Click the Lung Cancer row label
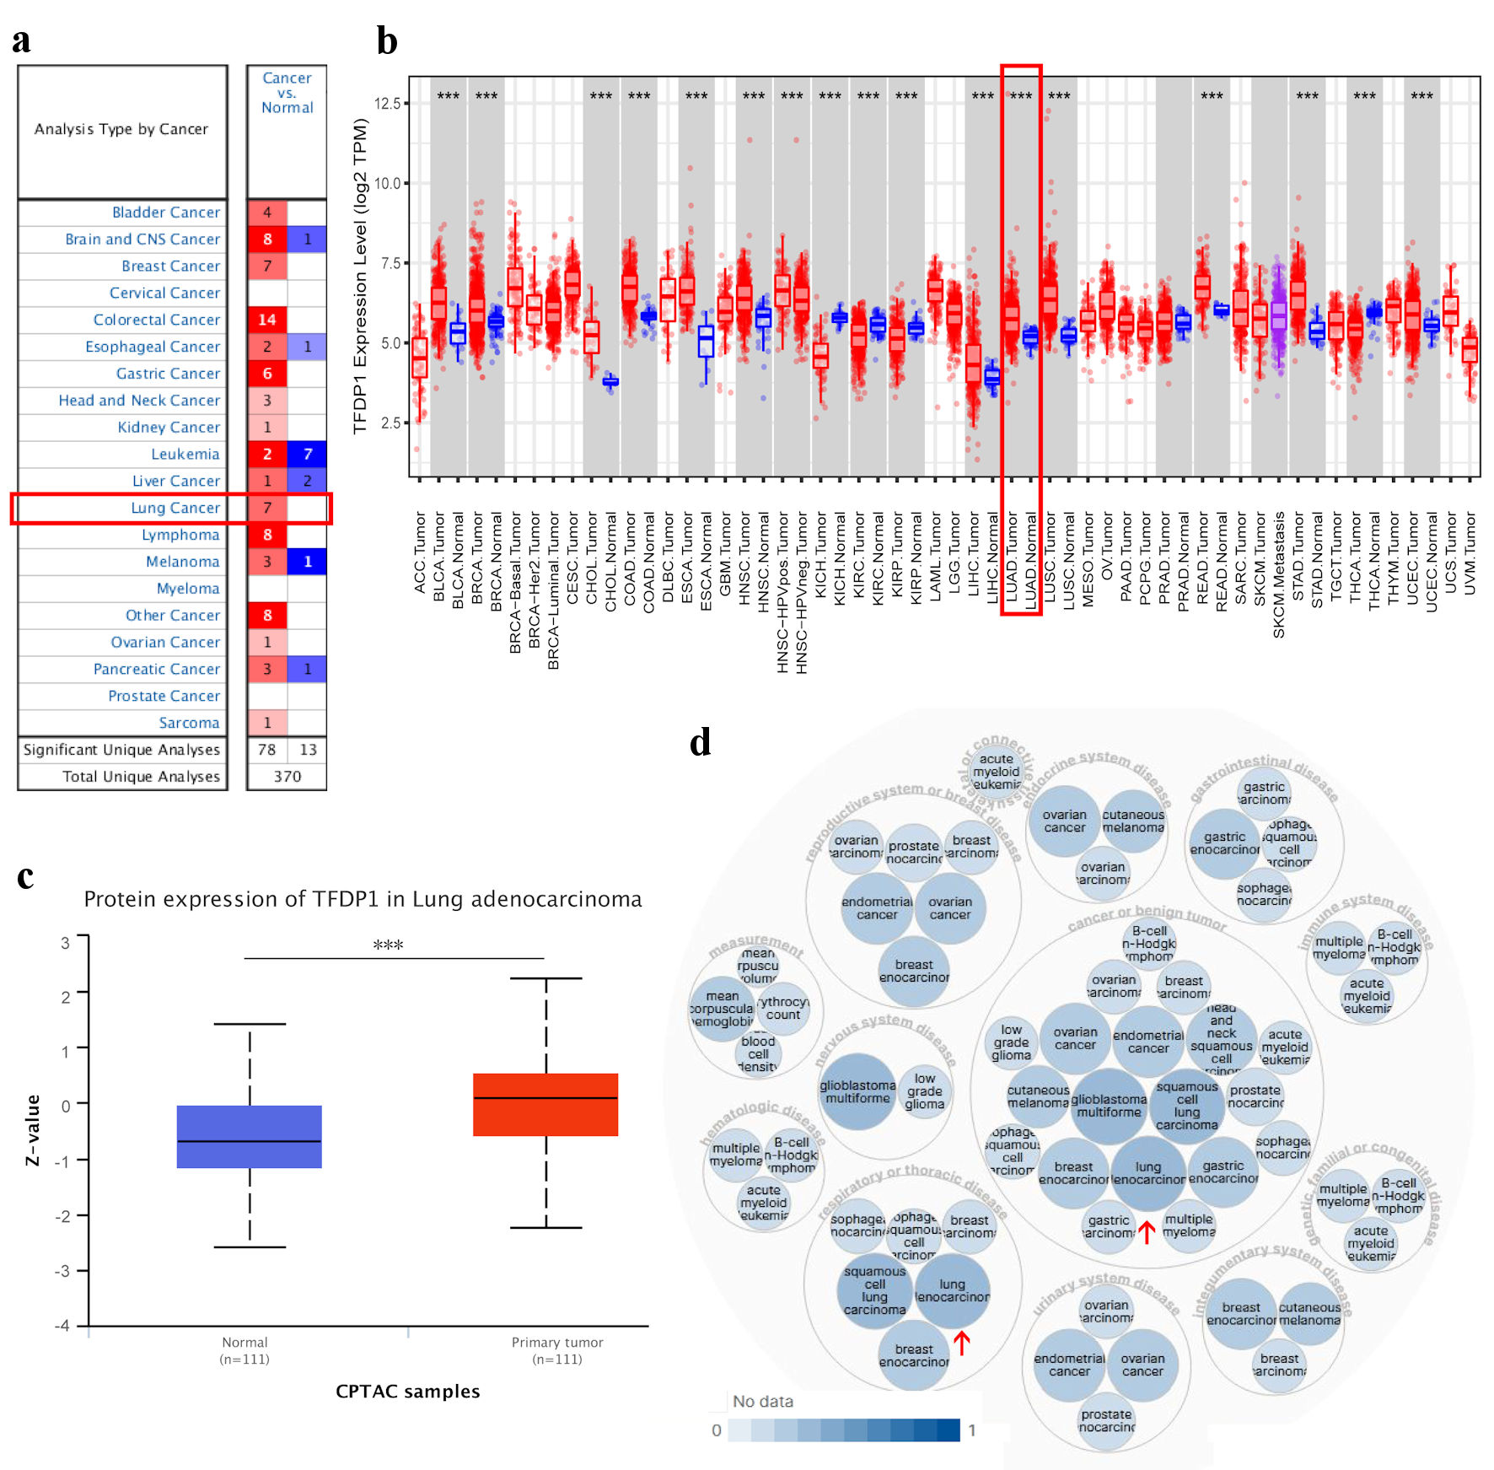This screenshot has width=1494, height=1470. click(175, 508)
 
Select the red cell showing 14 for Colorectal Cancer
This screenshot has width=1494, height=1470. click(267, 320)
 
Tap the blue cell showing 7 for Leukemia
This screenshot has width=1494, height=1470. click(307, 454)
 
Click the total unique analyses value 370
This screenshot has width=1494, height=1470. click(287, 776)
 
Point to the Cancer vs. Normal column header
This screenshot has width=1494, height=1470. click(287, 93)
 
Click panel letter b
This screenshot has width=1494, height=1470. click(387, 40)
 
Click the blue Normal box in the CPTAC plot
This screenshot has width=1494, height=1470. click(249, 1136)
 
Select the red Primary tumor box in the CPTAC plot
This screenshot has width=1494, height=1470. click(545, 1105)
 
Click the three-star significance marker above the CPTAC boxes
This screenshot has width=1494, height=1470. click(388, 945)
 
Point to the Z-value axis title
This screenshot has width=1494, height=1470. click(33, 1130)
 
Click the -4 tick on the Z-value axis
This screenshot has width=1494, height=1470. click(63, 1325)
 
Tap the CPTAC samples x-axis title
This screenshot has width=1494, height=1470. click(407, 1392)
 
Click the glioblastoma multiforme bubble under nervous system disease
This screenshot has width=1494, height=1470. click(857, 1091)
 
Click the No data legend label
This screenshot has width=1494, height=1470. click(762, 1402)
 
